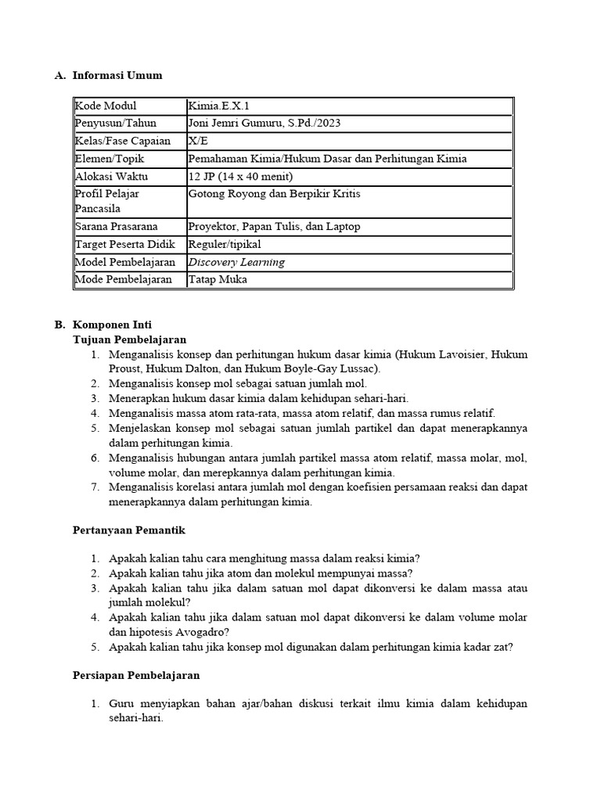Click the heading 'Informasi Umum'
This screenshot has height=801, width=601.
click(117, 76)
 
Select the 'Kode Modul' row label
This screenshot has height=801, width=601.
click(106, 106)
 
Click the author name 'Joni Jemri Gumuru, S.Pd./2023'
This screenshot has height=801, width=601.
click(265, 124)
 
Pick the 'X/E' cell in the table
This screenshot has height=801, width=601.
click(199, 141)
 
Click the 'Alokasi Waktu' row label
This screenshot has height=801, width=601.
click(111, 176)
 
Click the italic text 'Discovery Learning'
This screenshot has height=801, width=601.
click(236, 262)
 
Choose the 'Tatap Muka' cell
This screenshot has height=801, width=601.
click(216, 279)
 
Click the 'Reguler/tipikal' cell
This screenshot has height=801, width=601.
click(225, 245)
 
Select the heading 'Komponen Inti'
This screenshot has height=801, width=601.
click(112, 325)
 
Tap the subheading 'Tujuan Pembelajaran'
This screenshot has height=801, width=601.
click(129, 339)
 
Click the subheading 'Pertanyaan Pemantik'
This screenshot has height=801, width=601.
click(128, 530)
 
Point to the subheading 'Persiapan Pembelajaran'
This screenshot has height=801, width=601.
click(136, 675)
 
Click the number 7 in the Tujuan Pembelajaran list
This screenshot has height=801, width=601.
click(94, 487)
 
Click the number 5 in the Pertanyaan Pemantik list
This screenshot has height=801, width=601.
click(94, 647)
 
